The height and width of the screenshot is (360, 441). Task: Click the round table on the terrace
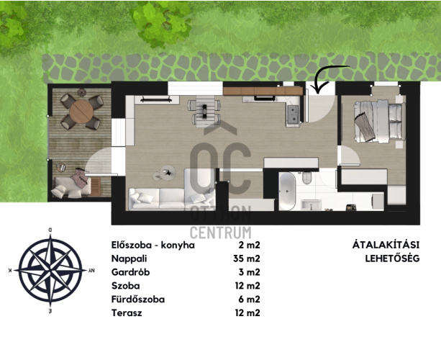click(x=81, y=112)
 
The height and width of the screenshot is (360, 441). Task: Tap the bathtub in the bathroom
click(x=288, y=192)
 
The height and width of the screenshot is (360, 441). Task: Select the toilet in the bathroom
click(x=307, y=178)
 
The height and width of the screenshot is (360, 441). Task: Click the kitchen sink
click(x=293, y=114)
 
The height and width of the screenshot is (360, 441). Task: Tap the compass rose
click(x=50, y=270)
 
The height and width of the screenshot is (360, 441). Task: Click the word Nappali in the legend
click(x=129, y=258)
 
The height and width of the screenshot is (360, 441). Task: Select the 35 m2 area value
click(x=247, y=258)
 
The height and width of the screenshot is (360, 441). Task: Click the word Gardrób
click(x=130, y=272)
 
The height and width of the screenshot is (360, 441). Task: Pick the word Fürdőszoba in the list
click(x=138, y=299)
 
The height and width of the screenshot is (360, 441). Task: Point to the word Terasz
click(x=127, y=312)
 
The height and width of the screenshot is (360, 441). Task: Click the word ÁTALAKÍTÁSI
click(x=386, y=244)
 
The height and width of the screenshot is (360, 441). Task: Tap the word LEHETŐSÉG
click(x=392, y=258)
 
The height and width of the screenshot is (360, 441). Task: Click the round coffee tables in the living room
click(x=164, y=173)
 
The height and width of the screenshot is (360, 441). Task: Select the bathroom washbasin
click(x=311, y=204)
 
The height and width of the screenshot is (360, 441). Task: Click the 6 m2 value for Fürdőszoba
click(x=249, y=300)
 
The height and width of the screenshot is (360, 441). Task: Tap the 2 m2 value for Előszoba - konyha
click(x=249, y=246)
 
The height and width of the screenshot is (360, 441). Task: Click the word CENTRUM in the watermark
click(x=220, y=233)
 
